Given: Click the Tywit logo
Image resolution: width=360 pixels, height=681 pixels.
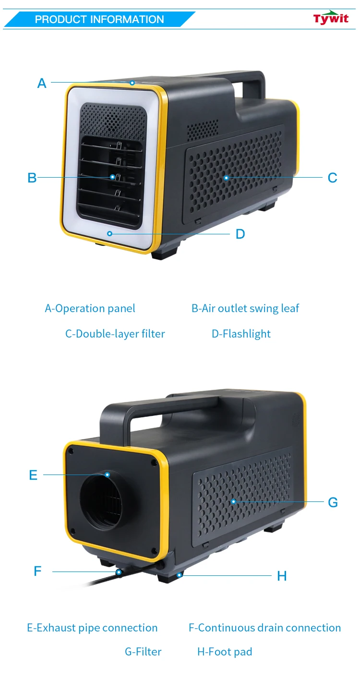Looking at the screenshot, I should coord(331,18).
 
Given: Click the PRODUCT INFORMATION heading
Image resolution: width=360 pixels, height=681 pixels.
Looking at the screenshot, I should coord(99,20).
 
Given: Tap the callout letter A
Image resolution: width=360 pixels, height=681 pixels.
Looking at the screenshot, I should coord(42,83).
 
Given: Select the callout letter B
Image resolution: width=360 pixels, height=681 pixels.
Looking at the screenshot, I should coord(32,178).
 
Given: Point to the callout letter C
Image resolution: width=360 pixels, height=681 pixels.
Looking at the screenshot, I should coord(332,178).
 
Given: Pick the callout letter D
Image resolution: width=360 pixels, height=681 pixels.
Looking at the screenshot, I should coord(240,234).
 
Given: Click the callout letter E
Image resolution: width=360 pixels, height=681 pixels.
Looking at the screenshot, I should coord(33,475).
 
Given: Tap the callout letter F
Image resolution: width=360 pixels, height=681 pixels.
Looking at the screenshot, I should coord(38,572).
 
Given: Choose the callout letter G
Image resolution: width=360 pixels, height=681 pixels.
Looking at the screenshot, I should coord(333,502).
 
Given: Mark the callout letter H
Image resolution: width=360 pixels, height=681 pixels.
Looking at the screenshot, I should coord(282,576).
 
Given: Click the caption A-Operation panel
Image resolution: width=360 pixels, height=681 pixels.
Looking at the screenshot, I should coord(90,308).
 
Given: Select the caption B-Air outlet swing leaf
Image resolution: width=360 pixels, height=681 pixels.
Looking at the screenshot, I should coord(245,308).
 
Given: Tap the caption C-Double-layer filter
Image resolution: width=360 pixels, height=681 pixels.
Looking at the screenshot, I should coord(115,334).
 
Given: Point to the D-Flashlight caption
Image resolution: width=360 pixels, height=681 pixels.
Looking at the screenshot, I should coord(241,334).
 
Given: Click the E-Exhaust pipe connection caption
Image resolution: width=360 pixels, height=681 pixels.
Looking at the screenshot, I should coord(92,628).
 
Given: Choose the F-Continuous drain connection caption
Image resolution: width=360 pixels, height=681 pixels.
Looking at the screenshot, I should coord(264,628).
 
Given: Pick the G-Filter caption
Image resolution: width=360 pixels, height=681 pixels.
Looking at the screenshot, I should coord(143,652).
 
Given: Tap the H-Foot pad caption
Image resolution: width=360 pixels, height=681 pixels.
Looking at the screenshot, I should coord(225,652).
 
